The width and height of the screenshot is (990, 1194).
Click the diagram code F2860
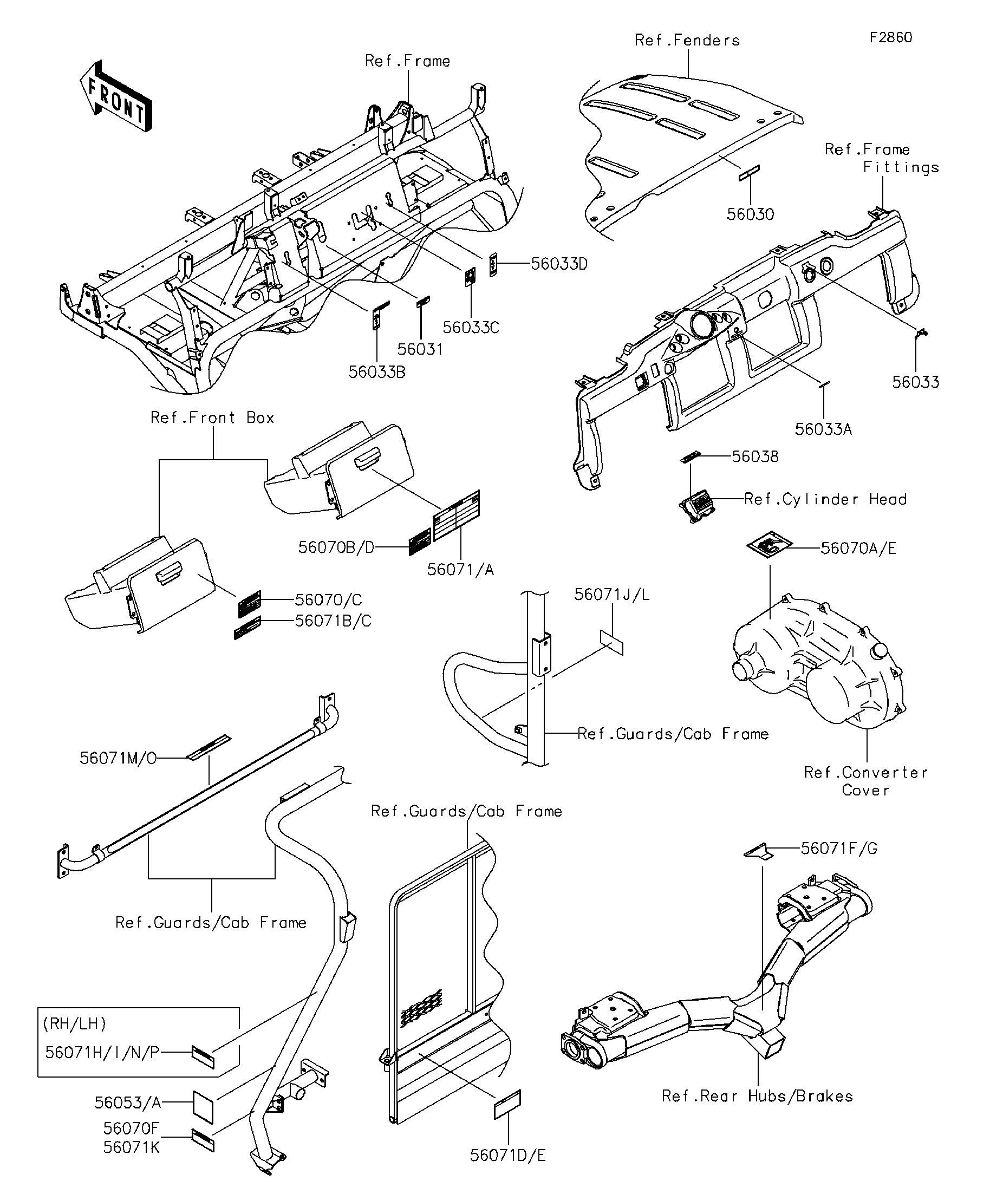pyautogui.click(x=891, y=37)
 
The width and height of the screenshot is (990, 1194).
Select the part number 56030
pyautogui.click(x=750, y=214)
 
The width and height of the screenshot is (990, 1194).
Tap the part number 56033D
pyautogui.click(x=559, y=264)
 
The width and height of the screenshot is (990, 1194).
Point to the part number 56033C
pyautogui.click(x=471, y=328)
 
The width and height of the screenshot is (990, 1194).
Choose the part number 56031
pyautogui.click(x=420, y=349)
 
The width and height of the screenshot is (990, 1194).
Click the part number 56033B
pyautogui.click(x=376, y=372)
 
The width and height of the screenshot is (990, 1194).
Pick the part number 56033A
pyautogui.click(x=823, y=429)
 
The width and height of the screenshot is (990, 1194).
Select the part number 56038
pyautogui.click(x=755, y=456)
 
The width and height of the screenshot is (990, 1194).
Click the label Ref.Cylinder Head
pyautogui.click(x=825, y=499)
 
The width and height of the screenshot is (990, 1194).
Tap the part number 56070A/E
pyautogui.click(x=858, y=548)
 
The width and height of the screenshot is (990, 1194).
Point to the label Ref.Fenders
pyautogui.click(x=687, y=41)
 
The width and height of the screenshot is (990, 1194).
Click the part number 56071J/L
pyautogui.click(x=611, y=595)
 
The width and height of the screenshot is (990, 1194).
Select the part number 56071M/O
pyautogui.click(x=118, y=759)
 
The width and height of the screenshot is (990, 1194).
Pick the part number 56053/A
pyautogui.click(x=128, y=1103)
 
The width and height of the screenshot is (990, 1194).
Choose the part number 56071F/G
pyautogui.click(x=839, y=849)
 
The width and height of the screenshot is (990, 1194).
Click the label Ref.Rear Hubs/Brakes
pyautogui.click(x=757, y=1096)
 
